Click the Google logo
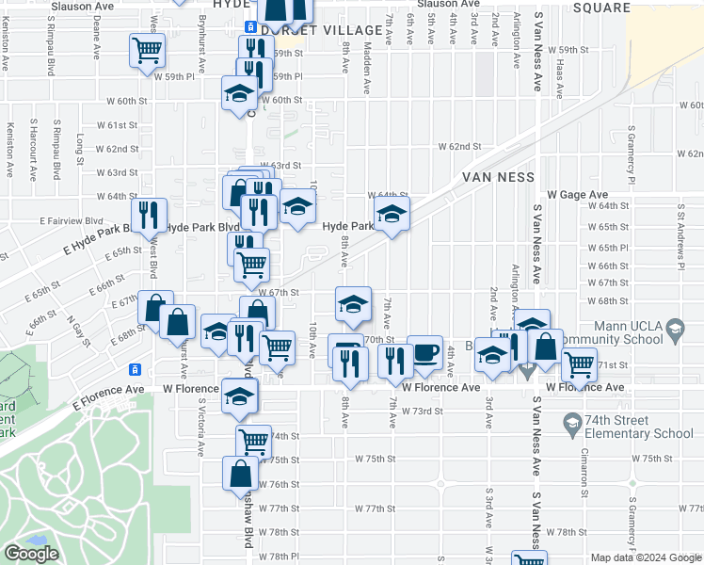point(31,554)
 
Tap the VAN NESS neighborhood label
point(498,177)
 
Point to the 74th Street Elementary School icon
point(571,420)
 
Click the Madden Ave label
point(367,72)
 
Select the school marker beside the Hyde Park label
point(392,215)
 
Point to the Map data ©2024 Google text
point(646,557)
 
